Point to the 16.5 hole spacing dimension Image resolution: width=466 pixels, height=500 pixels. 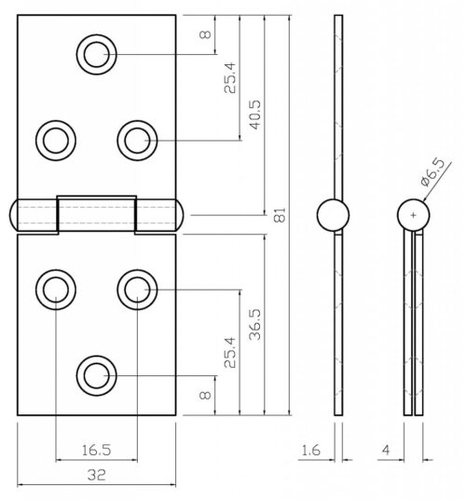click(x=96, y=450)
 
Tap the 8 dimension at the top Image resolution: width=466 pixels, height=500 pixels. click(x=206, y=36)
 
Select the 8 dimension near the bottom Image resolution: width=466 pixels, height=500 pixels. click(x=206, y=395)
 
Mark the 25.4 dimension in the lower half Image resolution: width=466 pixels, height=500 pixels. click(x=230, y=349)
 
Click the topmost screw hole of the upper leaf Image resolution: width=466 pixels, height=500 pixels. click(x=95, y=54)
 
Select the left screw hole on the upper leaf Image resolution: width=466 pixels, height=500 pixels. click(x=54, y=141)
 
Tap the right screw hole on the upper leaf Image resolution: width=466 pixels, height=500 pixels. click(x=136, y=141)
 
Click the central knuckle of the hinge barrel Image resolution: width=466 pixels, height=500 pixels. click(x=96, y=214)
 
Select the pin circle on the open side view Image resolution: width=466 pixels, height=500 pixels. click(x=333, y=215)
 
